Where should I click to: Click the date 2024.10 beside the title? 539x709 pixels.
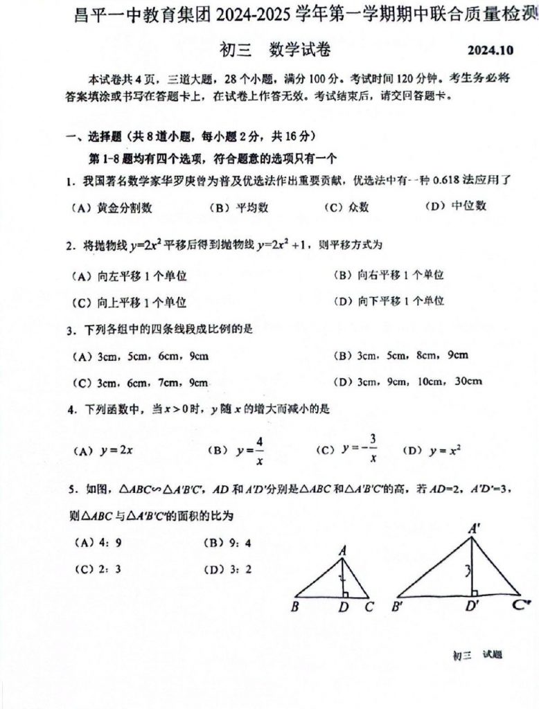(x=490, y=51)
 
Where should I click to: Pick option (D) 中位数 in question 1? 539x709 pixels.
(x=456, y=206)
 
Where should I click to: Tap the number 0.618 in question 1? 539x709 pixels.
(x=448, y=181)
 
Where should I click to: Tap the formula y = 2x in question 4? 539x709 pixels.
(x=116, y=450)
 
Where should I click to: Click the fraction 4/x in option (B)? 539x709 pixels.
(x=259, y=449)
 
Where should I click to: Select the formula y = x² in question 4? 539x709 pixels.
(x=445, y=450)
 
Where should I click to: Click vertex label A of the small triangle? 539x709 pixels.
(x=342, y=550)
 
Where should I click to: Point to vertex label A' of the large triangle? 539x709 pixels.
(x=475, y=528)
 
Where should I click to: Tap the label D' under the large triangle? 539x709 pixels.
(x=473, y=609)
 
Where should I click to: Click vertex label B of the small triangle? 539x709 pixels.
(x=295, y=608)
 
